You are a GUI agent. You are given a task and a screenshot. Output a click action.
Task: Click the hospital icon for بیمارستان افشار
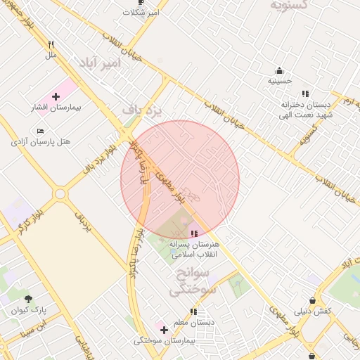click(x=56, y=96)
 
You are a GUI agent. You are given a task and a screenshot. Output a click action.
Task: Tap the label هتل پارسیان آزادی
click(x=41, y=142)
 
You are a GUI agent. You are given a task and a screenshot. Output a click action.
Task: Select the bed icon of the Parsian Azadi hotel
click(x=40, y=131)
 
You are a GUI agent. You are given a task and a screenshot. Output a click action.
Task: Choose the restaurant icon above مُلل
click(x=51, y=44)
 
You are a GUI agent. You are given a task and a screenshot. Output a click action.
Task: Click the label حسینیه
click(x=279, y=82)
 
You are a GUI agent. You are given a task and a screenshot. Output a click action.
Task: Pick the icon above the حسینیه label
click(x=279, y=70)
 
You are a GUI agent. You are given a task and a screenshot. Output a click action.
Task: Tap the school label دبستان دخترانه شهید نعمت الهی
click(x=304, y=108)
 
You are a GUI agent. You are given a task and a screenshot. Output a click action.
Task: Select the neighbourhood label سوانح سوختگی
click(x=189, y=280)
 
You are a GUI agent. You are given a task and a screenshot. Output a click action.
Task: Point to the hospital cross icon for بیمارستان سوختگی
click(x=164, y=330)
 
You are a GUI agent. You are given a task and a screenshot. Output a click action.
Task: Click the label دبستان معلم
click(x=193, y=323)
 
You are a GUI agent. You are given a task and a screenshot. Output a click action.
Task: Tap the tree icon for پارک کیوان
click(x=28, y=299)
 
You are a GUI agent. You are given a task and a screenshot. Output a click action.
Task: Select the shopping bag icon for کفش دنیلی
click(x=310, y=297)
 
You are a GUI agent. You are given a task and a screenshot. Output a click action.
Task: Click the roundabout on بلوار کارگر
click(x=60, y=194)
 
